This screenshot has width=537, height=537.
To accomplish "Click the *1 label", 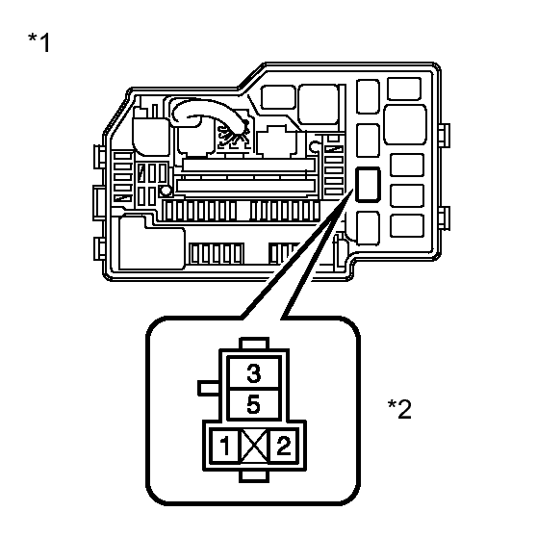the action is point(39,42).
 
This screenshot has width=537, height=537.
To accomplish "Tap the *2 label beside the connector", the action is point(399,409).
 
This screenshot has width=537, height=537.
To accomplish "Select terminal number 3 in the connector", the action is point(254,373).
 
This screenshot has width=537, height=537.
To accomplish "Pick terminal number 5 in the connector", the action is point(253,404).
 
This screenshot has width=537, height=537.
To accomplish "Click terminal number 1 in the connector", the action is point(224,446).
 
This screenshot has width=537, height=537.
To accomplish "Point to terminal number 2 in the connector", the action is point(284,446).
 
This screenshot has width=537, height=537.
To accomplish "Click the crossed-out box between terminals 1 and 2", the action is point(254,446).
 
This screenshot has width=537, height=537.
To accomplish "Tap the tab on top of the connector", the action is point(254,344).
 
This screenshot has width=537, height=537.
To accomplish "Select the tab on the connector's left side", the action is point(209,388).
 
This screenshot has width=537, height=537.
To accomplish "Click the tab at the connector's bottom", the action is point(254,476).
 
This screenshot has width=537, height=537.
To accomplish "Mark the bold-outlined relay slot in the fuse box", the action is point(368,184).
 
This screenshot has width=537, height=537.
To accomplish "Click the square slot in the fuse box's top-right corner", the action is point(404,89).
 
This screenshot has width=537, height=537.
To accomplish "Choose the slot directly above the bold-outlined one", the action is point(368,141).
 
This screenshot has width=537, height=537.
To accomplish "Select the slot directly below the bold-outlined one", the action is point(368,228).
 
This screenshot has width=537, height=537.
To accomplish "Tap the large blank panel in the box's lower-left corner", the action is point(151,243).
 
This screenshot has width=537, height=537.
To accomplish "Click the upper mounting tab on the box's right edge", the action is point(445,136).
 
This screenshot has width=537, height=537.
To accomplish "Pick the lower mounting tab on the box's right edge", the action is point(445,218).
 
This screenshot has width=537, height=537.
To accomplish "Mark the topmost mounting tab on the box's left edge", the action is point(99,157).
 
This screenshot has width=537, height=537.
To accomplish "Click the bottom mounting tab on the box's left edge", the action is point(99,248).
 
